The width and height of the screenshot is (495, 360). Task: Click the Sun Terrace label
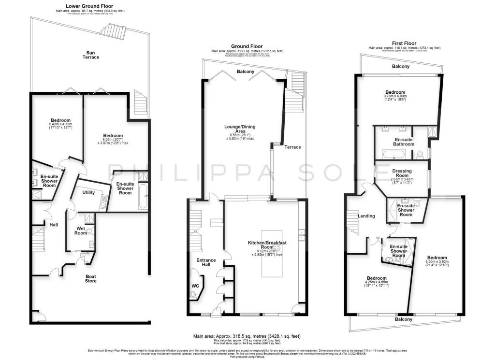click(90, 55)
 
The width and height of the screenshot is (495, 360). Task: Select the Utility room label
click(88, 192)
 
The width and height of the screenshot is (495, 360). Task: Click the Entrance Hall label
click(206, 263)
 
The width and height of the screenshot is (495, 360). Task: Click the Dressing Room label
click(402, 173)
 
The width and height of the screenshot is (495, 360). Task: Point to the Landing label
click(366, 216)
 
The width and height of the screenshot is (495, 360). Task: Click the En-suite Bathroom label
click(403, 142)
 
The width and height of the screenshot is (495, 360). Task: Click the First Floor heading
click(405, 43)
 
